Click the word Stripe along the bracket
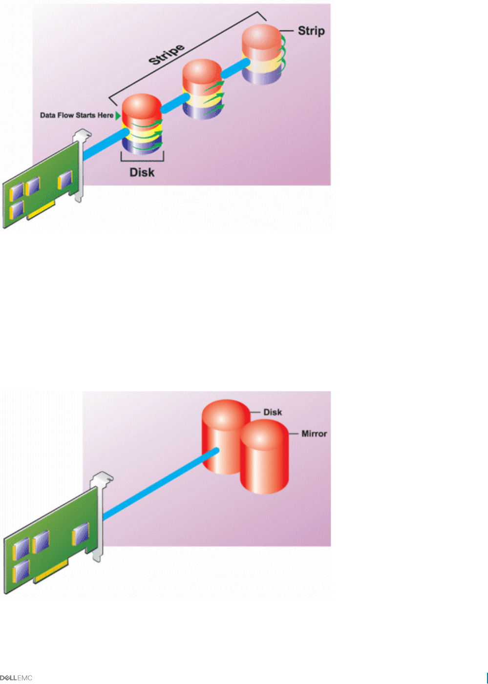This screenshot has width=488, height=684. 167,54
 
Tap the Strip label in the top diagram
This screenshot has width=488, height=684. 311,31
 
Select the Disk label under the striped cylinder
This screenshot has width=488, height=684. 142,172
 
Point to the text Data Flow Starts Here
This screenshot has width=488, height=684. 77,115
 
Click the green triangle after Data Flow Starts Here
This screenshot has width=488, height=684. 118,116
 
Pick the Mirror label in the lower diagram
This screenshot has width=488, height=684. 314,434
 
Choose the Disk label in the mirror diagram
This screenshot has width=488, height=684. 273,412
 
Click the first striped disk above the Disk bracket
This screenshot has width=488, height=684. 142,125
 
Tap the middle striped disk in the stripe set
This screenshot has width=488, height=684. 203,89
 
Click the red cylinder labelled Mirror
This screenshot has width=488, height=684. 264,459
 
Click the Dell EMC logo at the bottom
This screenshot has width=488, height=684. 16,678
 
